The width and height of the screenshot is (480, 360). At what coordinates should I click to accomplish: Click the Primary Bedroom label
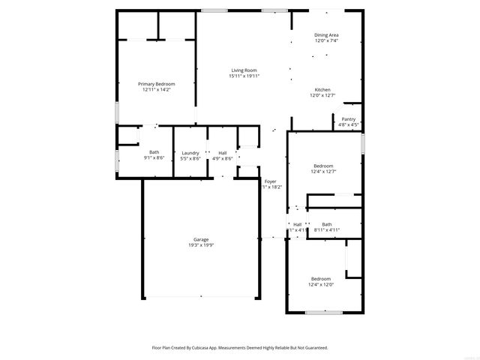[156, 84]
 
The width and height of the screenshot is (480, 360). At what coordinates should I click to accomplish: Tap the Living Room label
[244, 70]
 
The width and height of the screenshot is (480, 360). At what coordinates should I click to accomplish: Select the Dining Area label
[326, 35]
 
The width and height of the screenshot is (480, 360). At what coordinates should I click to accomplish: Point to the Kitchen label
[322, 90]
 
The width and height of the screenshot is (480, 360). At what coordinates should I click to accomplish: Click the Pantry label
[349, 119]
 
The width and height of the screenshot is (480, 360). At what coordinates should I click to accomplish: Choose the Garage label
[200, 240]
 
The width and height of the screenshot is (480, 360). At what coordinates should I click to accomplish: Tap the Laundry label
[190, 153]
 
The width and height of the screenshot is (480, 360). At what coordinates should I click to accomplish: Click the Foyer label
[270, 181]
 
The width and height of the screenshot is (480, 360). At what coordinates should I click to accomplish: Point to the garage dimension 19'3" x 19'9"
[200, 246]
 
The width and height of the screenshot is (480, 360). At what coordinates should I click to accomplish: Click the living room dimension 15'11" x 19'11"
[244, 76]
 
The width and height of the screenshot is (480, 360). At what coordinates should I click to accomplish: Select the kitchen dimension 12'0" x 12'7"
[322, 96]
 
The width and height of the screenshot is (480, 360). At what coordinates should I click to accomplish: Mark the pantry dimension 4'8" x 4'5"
[349, 124]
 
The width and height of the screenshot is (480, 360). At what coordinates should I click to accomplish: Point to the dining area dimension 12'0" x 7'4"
[326, 40]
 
